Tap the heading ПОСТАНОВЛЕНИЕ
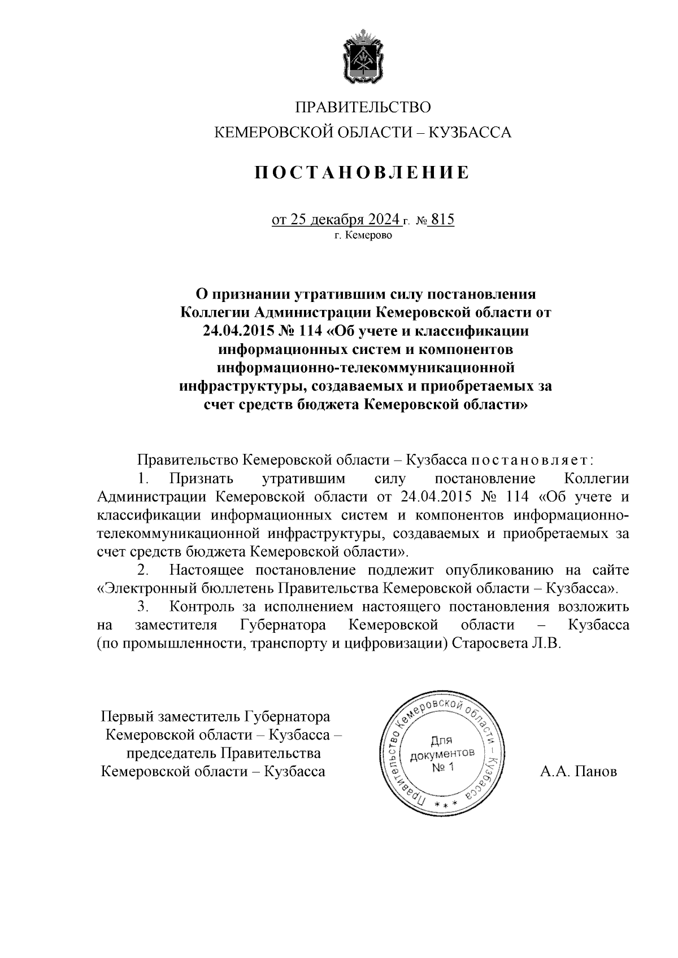pyautogui.click(x=363, y=173)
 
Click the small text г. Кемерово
pyautogui.click(x=363, y=235)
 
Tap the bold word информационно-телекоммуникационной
pyautogui.click(x=366, y=368)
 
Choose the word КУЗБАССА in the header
pyautogui.click(x=471, y=133)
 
